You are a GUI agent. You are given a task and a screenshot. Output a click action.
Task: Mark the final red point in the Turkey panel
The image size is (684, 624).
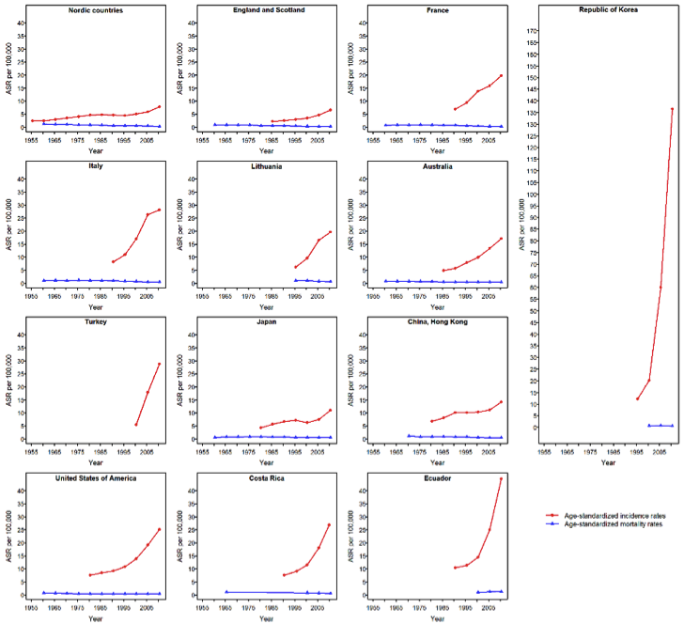[160, 364]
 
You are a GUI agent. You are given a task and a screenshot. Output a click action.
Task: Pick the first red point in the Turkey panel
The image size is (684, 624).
[136, 424]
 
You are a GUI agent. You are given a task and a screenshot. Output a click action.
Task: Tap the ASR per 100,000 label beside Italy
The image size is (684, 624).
[9, 230]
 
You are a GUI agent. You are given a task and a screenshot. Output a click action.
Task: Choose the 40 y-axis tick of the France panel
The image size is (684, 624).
[363, 23]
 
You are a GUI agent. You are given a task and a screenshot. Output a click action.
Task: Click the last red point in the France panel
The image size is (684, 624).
[502, 75]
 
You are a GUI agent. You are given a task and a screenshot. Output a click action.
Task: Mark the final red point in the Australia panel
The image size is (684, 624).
[502, 239]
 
